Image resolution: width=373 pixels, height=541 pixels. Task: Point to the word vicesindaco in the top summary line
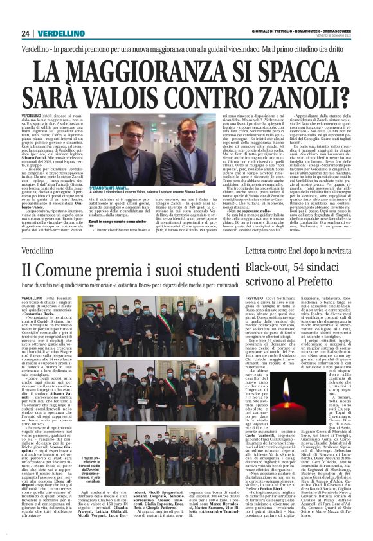pos(247,49)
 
